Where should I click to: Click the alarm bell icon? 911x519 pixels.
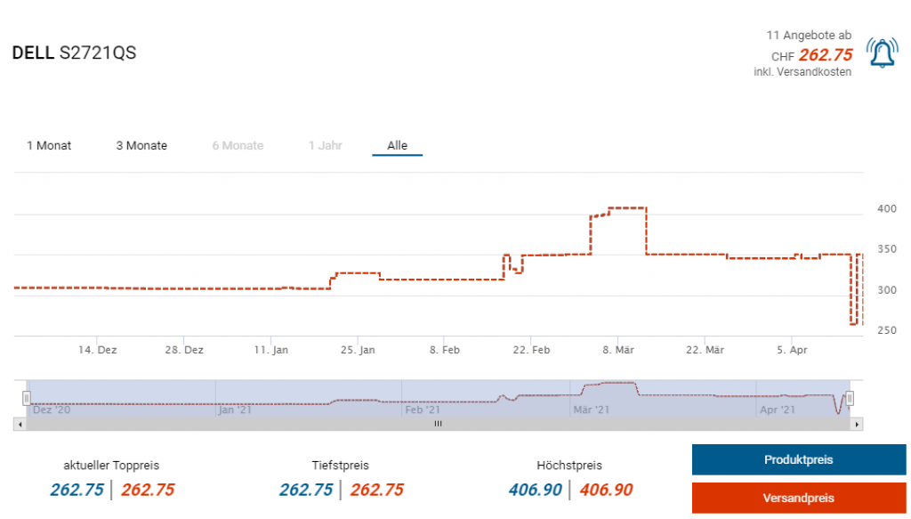coord(882,53)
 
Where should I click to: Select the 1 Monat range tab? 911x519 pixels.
coord(49,146)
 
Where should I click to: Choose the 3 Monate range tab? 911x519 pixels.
coord(141,146)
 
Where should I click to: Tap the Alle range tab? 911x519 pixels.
coord(397,146)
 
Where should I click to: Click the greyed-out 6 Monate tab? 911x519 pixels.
coord(238,146)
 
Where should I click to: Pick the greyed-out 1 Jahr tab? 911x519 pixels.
coord(325,146)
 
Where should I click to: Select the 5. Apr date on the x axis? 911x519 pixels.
coord(792,351)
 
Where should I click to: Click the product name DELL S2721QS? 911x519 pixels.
coord(74,53)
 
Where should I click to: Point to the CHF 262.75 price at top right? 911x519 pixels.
coord(825,55)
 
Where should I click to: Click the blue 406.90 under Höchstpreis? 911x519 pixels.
coord(536,490)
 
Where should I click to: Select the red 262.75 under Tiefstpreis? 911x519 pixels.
coord(376,490)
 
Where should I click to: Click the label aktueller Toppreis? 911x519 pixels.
coord(111,466)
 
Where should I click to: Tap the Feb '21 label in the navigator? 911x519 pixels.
coord(422,410)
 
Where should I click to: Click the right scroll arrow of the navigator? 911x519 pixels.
coord(857,425)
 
